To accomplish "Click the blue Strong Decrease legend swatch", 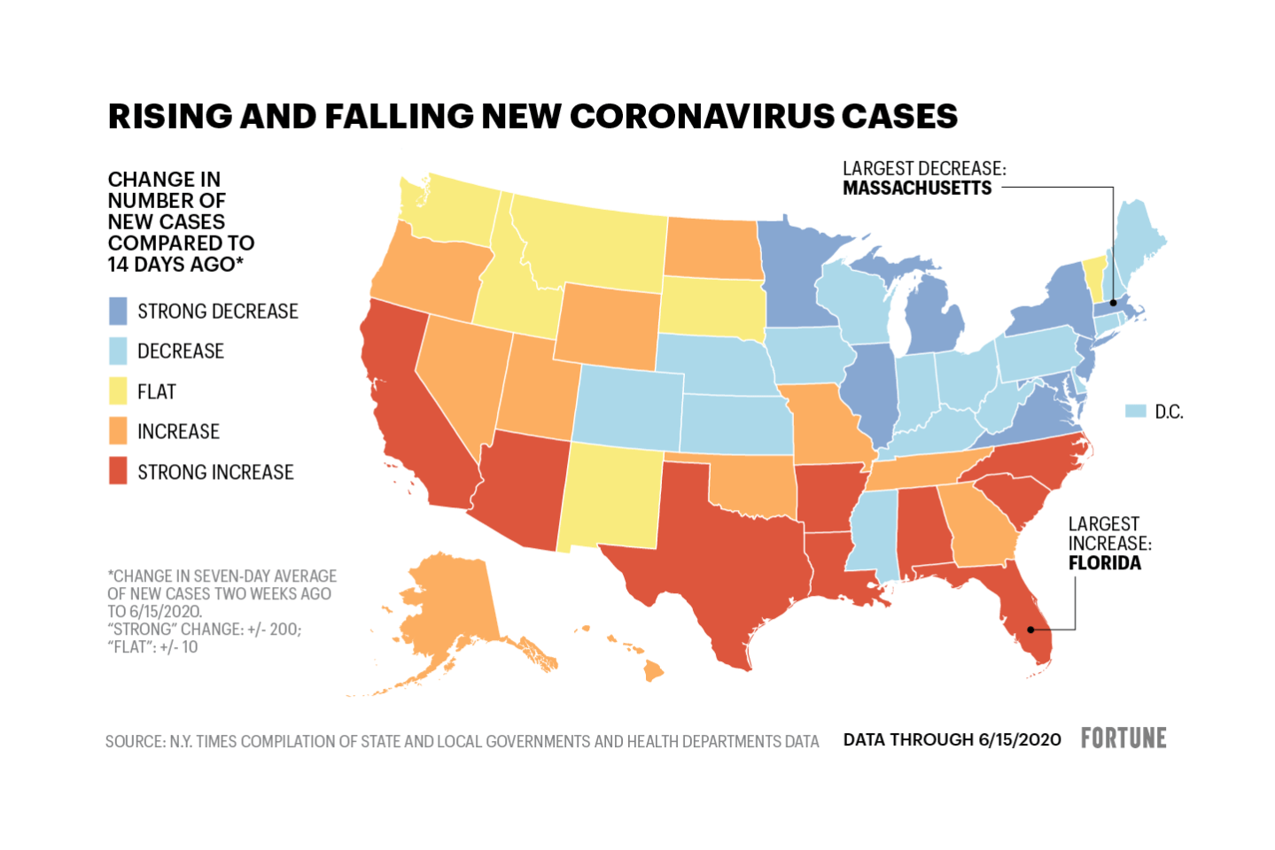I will pos(118,311).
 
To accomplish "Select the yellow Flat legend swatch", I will pos(118,391).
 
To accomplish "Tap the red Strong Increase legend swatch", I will pos(118,471).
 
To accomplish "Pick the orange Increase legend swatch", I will pos(118,431).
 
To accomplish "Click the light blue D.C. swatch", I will pos(1135,411).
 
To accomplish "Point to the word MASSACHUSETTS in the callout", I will pos(917,188).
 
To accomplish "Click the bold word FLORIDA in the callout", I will pos(1104,563).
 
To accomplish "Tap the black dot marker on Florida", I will pos(1030,630).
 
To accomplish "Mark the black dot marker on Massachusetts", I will pos(1113,303).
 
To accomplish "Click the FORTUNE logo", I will pos(1123,738).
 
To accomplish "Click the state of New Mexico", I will pos(610,496).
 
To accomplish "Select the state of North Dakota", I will pos(711,247).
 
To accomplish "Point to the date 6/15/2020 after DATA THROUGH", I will pos(1019,740).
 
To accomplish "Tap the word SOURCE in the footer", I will pos(133,742).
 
